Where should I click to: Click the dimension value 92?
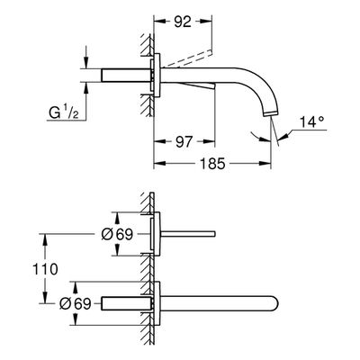coord(183,22)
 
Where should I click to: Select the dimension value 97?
coord(184,141)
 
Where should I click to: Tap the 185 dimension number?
coord(212,164)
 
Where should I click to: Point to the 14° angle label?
coord(311,122)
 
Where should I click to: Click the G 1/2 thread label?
coord(64,112)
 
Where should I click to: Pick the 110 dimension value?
coord(45,269)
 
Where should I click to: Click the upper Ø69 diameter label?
coord(117,234)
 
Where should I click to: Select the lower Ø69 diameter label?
coord(75,304)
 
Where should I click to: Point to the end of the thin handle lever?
coord(214,234)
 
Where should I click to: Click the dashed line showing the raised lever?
coord(186,58)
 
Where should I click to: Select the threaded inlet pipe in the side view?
coord(126,76)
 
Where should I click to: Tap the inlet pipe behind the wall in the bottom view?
coord(126,303)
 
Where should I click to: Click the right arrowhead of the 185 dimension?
coord(265,164)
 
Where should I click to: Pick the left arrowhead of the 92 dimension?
coord(159,22)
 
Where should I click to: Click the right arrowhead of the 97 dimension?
coord(209,141)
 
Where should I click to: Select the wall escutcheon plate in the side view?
coord(157,75)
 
